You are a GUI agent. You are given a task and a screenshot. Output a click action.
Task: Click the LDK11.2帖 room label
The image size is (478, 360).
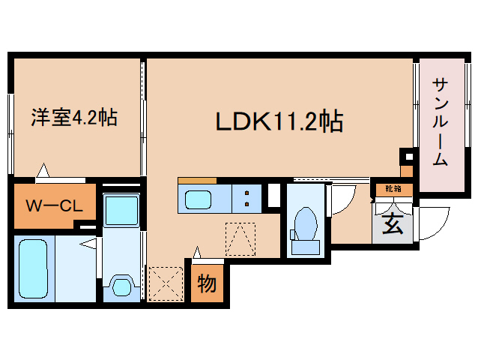279,120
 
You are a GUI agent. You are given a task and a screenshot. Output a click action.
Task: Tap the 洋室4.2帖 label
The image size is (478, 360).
73,117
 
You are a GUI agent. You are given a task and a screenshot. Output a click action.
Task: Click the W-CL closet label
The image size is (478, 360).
54,205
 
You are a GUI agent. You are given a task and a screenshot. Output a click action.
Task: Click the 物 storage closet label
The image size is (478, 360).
207,283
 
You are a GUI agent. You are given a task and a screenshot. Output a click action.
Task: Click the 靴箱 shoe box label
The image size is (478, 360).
393,189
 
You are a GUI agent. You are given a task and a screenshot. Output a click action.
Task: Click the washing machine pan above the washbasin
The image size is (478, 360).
120,209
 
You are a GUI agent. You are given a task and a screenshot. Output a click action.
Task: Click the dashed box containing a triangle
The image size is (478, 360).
240,239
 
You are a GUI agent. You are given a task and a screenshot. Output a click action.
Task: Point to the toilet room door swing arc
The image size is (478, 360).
340,197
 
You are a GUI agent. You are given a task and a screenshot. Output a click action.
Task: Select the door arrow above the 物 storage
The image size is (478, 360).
198,253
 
